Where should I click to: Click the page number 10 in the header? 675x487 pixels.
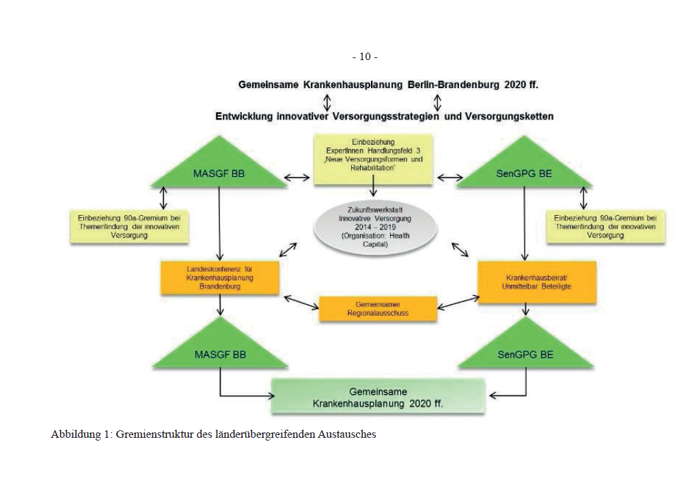point(365,57)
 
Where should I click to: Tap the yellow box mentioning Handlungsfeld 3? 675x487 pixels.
point(373,158)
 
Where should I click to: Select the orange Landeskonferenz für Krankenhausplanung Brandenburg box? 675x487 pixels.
point(220,278)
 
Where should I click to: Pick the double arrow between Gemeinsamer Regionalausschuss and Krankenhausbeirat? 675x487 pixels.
point(453,301)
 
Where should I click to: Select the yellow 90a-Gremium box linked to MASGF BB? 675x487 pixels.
point(128,226)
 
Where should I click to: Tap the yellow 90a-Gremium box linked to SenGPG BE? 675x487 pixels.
point(605,226)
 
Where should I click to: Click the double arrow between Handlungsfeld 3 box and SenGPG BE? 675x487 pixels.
point(450,178)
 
